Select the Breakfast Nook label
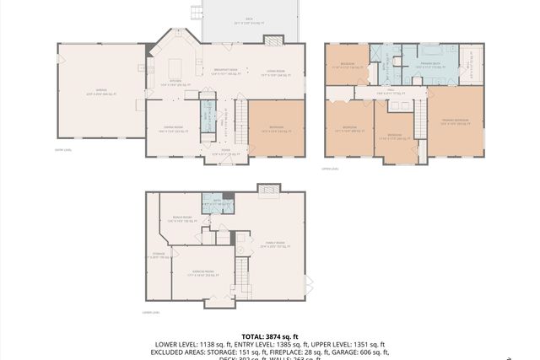pos(224,73)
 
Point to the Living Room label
pos(274,73)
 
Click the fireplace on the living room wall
pos(274,40)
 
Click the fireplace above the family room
pos(269,189)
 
